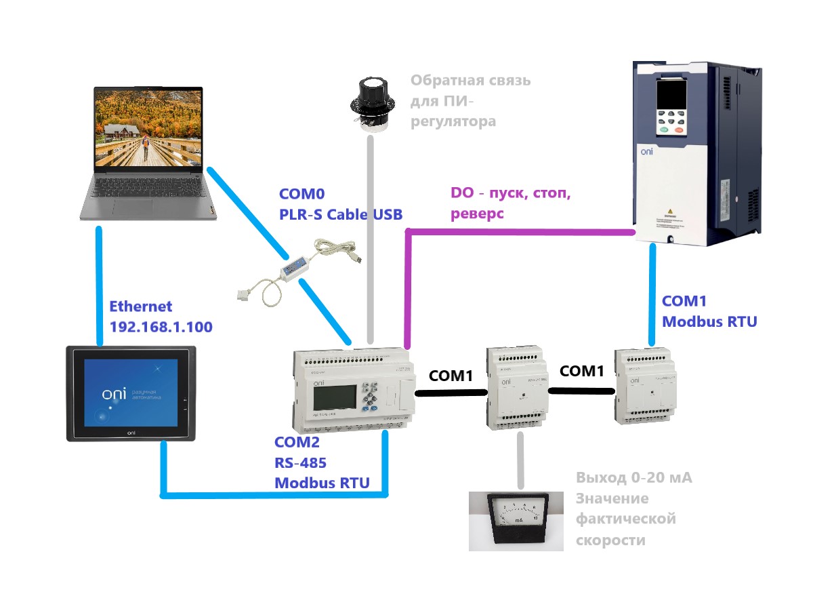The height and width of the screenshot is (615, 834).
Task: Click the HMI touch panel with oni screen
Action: pyautogui.click(x=131, y=393)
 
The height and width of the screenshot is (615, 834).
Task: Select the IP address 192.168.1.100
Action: pyautogui.click(x=161, y=327)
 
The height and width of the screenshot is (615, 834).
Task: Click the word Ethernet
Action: pyautogui.click(x=141, y=306)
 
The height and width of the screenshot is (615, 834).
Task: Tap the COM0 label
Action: pyautogui.click(x=302, y=194)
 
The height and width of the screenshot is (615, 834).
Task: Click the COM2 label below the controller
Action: pyautogui.click(x=297, y=443)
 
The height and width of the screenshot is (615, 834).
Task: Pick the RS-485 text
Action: pyautogui.click(x=300, y=462)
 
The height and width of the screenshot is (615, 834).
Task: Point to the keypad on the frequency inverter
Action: pyautogui.click(x=671, y=121)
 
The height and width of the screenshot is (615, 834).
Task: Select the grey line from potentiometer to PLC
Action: pyautogui.click(x=371, y=237)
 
